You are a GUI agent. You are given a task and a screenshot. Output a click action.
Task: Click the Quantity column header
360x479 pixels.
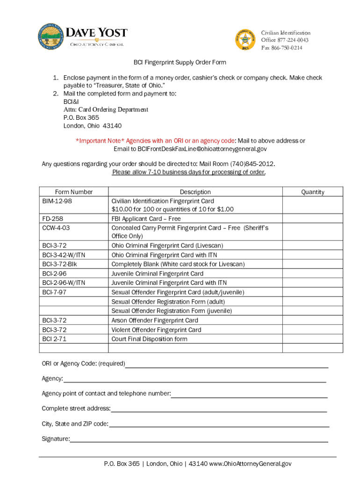[312, 192]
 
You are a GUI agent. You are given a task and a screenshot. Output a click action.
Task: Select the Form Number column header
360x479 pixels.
[74, 192]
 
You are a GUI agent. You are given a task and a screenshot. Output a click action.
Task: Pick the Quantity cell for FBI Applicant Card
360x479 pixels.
[312, 219]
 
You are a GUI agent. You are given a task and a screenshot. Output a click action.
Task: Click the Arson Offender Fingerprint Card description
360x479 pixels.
[155, 320]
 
